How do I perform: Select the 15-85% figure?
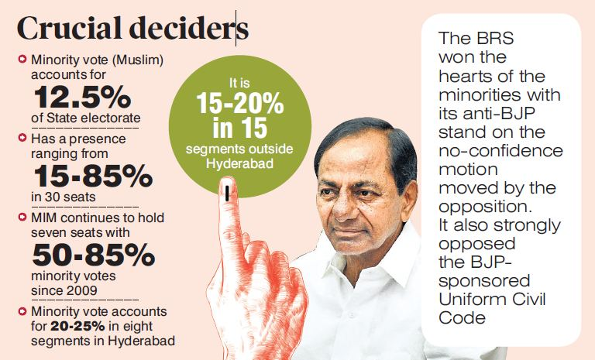click(x=92, y=177)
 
